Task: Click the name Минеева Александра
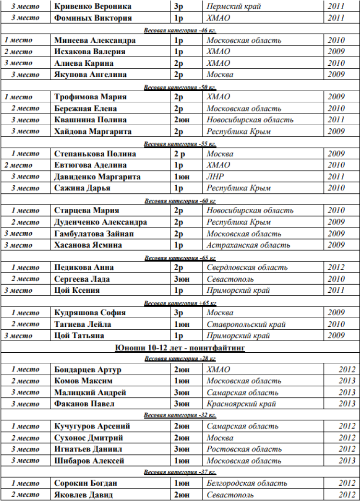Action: pyautogui.click(x=95, y=40)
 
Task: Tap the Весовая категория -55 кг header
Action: pyautogui.click(x=180, y=143)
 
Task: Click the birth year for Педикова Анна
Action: pyautogui.click(x=336, y=267)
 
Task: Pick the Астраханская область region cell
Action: pyautogui.click(x=248, y=245)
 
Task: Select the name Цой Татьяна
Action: pyautogui.click(x=79, y=335)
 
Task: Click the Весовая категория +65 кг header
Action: pyautogui.click(x=180, y=303)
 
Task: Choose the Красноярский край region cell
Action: pyautogui.click(x=241, y=404)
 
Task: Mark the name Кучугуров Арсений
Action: pyautogui.click(x=92, y=426)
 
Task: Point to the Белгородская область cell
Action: pyautogui.click(x=247, y=483)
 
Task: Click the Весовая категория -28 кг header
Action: pyautogui.click(x=180, y=359)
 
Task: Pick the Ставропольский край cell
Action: pyautogui.click(x=246, y=324)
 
